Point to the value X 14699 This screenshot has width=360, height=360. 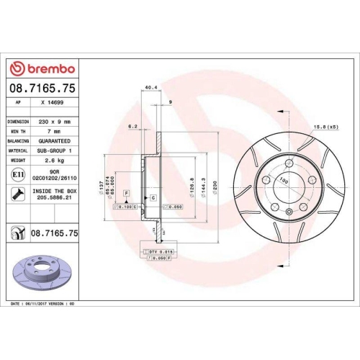point(53,104)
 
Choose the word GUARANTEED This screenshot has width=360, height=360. point(55,141)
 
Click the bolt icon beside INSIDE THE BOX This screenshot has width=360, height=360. point(17,194)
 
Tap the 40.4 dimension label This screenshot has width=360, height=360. point(150,89)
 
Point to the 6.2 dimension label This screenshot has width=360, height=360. point(132,127)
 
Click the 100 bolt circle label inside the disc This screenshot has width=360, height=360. point(284,181)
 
